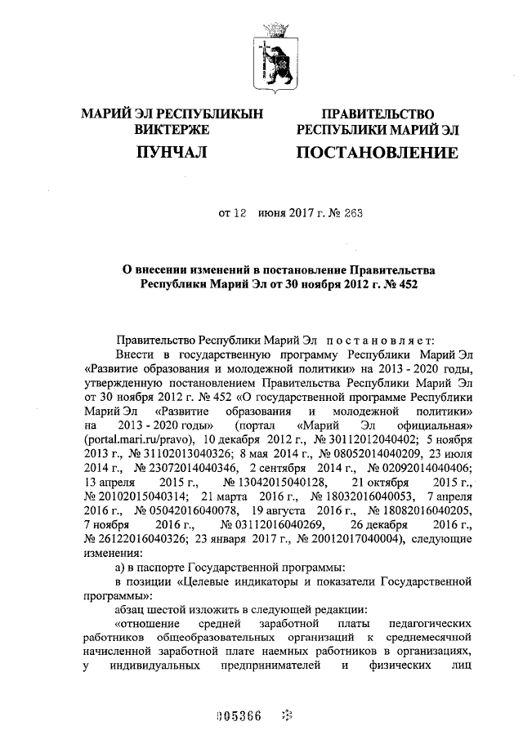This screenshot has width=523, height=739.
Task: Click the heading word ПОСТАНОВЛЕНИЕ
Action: (x=377, y=153)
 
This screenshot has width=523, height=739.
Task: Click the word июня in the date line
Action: (x=272, y=216)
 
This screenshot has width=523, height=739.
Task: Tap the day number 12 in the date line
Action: (x=240, y=216)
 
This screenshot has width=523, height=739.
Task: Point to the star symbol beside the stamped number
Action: (x=285, y=717)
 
